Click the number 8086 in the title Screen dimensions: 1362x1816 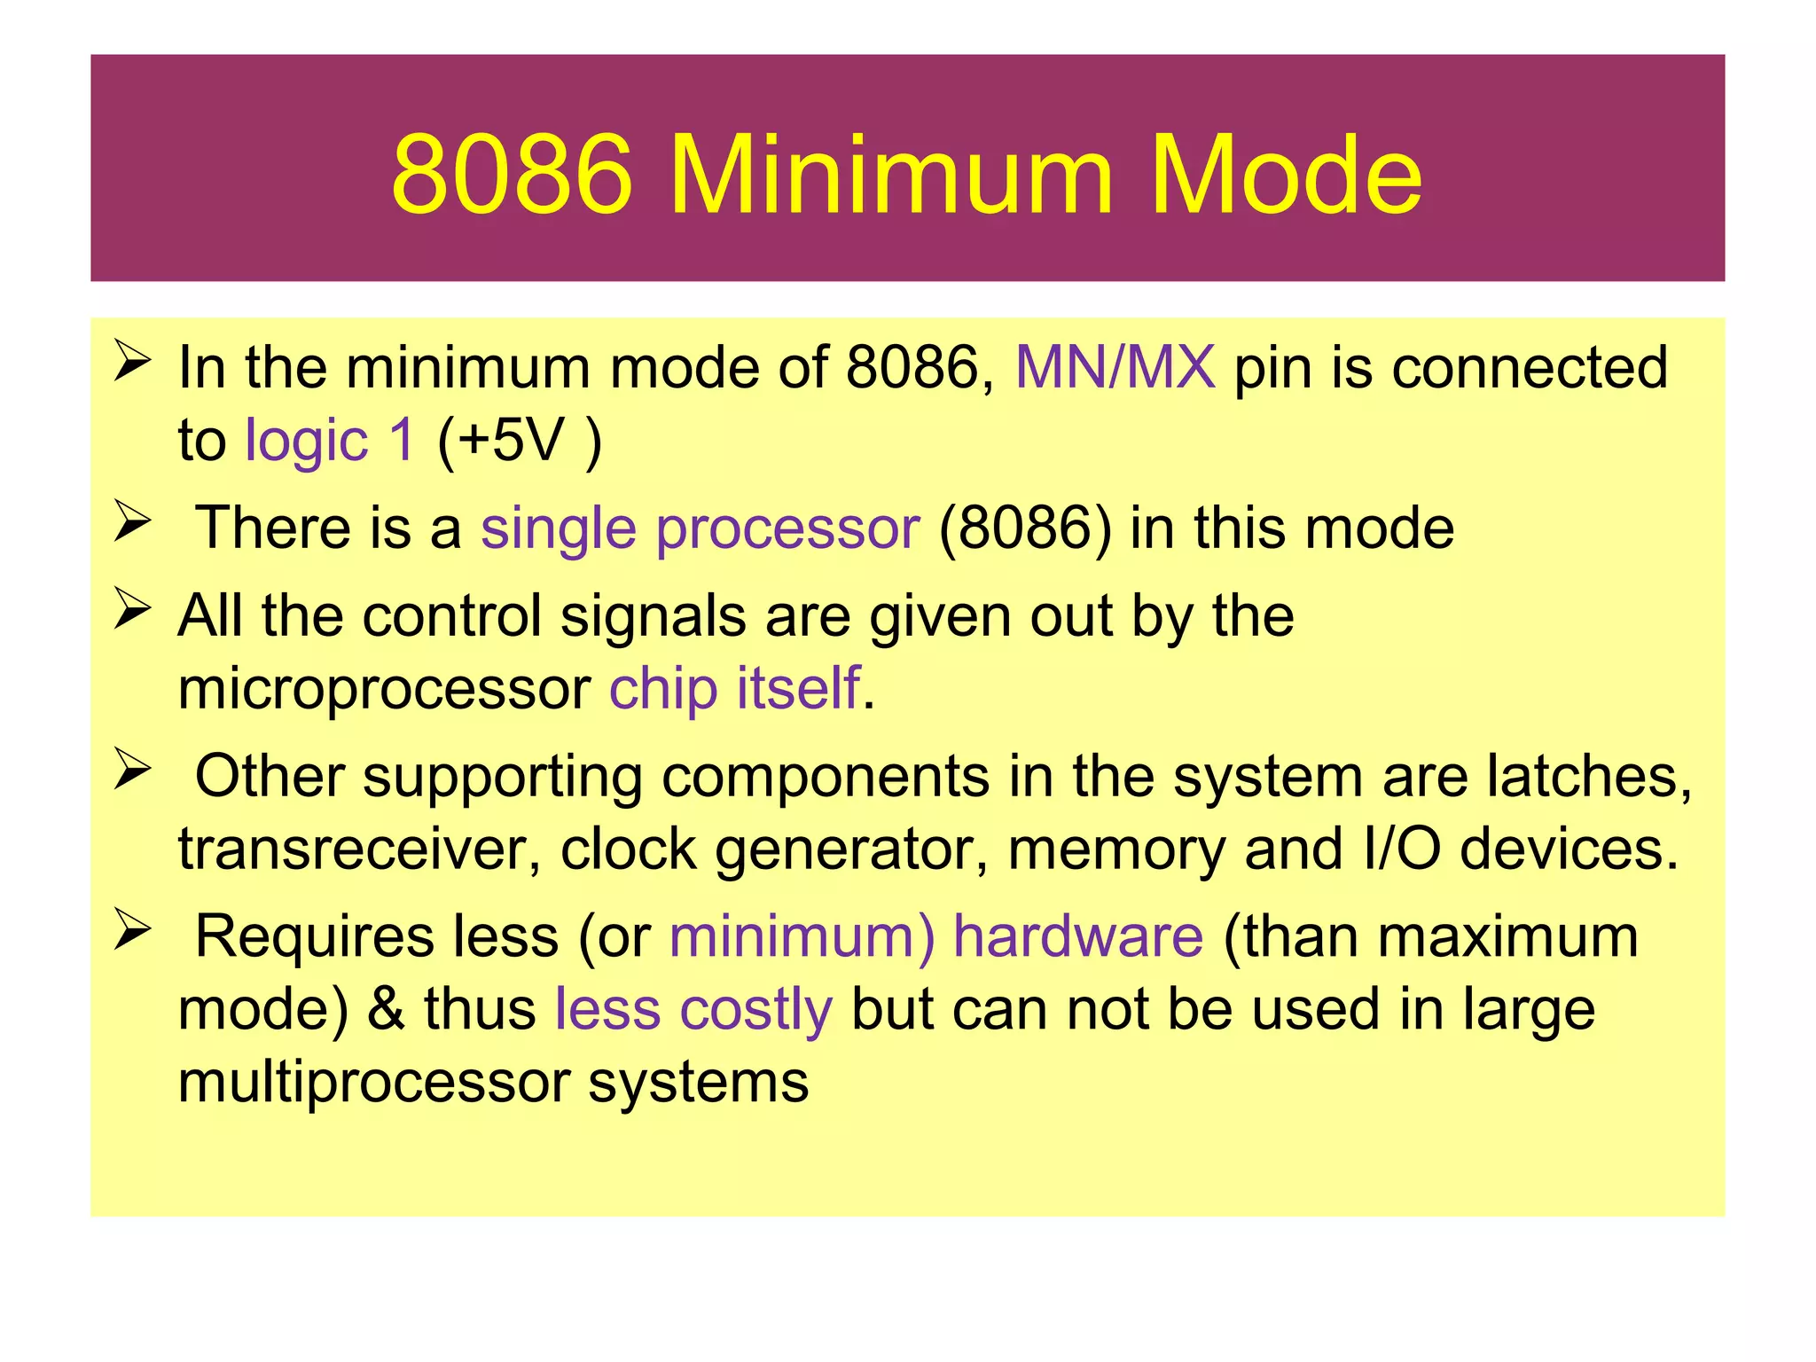pos(512,175)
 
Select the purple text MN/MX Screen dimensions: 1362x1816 pos(1115,367)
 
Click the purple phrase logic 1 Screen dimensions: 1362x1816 pos(329,440)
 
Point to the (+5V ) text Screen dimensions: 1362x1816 pos(519,440)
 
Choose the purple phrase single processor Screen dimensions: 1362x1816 pos(700,528)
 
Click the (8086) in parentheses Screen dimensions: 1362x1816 pos(1024,528)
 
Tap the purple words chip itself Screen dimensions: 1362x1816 pos(734,688)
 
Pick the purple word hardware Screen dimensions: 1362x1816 pos(1078,936)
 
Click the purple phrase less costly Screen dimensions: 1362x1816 pos(693,1009)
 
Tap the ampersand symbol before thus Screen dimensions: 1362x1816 pos(386,1009)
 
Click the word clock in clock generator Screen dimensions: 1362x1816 pos(628,849)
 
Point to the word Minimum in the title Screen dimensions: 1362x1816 pos(890,175)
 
